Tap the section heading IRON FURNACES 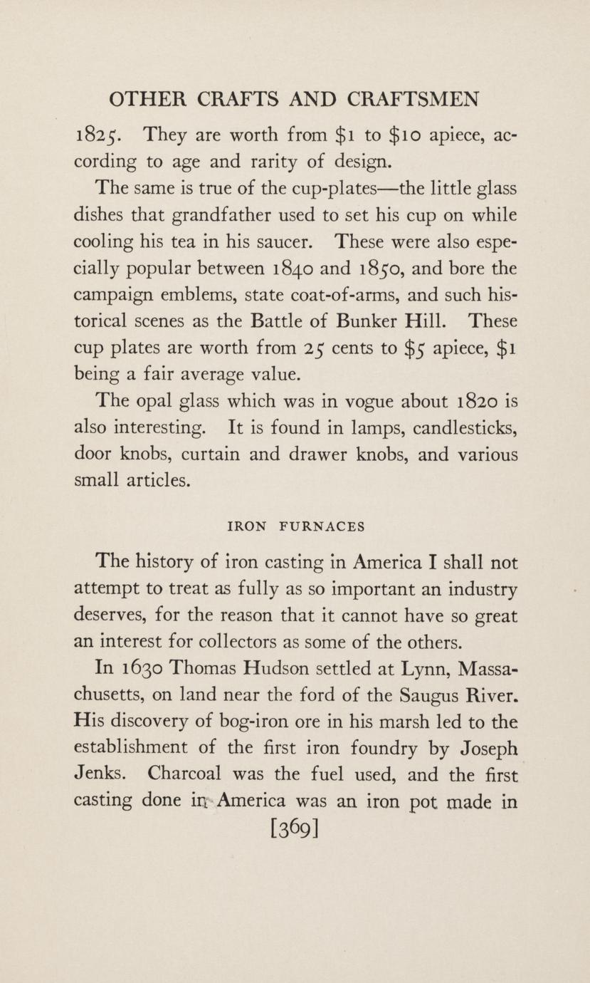coord(295,527)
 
